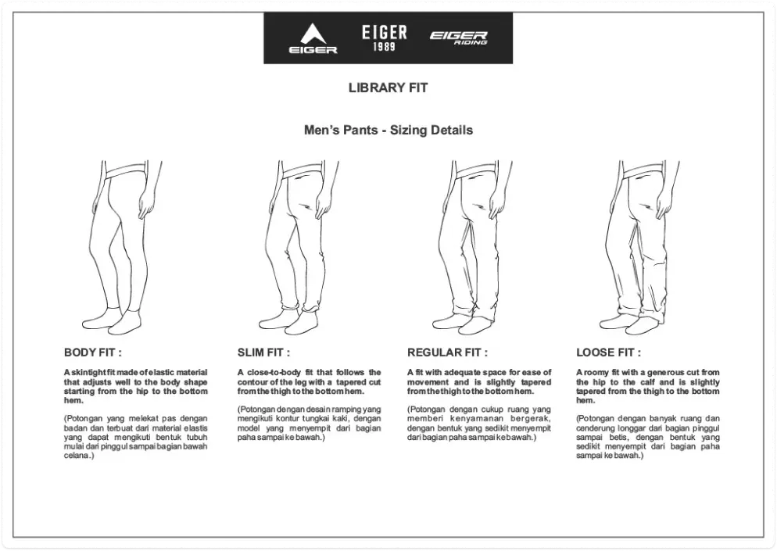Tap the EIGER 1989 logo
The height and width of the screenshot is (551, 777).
[x=384, y=38]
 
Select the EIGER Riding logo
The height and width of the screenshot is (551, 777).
[x=458, y=38]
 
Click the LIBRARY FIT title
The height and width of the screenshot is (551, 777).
[x=388, y=88]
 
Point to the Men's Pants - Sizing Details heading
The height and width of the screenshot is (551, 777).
[x=388, y=130]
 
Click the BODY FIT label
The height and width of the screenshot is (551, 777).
[x=92, y=353]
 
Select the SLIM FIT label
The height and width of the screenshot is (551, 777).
[x=263, y=353]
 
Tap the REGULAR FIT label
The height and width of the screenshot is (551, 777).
[x=447, y=353]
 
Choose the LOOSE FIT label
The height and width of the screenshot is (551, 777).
[x=608, y=353]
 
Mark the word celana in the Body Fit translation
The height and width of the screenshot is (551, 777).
[x=76, y=456]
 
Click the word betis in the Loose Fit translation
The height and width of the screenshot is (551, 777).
[x=617, y=438]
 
